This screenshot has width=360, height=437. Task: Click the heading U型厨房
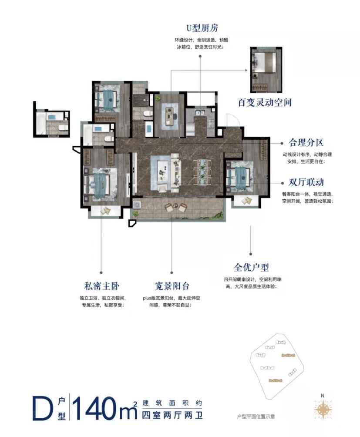pos(202,28)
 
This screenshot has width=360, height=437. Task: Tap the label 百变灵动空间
pos(264,102)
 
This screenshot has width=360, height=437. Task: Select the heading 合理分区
pos(306,143)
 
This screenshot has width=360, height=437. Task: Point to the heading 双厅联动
pos(306,182)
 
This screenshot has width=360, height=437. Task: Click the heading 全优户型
pos(251,268)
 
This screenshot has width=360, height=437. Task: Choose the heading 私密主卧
pos(101,286)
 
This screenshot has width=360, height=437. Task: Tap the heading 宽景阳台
pos(172,286)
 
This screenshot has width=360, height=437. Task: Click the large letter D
pos(43,408)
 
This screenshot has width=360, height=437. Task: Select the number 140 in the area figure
pos(94,408)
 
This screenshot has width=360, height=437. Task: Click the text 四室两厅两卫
pos(172,415)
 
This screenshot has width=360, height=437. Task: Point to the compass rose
pos(323,410)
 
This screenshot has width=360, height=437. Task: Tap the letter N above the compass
pos(323,396)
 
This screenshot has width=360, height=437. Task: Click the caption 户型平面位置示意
pos(256,417)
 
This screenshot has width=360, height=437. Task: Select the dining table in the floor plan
pos(202,172)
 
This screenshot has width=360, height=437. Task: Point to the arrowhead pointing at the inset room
pos(246,70)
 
